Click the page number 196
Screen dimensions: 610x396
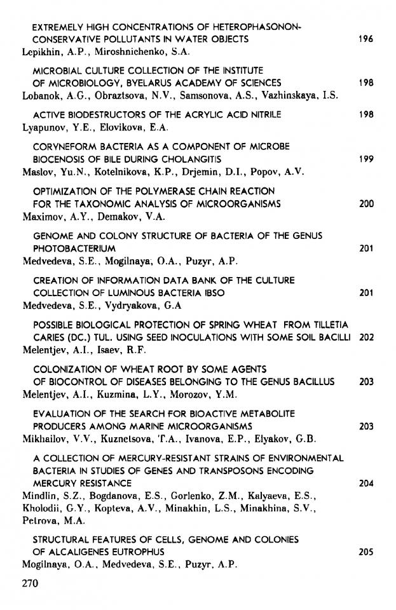(365, 39)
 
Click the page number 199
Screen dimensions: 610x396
(365, 159)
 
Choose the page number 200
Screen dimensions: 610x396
(365, 204)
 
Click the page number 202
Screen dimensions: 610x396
(365, 337)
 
